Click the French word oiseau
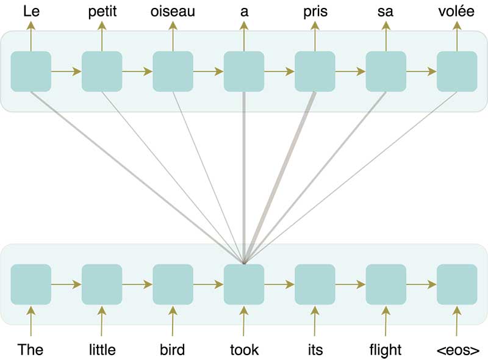coord(173,11)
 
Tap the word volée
coord(457,11)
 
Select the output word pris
coord(315,11)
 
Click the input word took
coord(244,350)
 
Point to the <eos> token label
coord(457,350)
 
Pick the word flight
coord(386,350)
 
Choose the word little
coord(102,350)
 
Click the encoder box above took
coord(244,284)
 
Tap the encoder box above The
coord(30,284)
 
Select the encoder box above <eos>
coord(457,284)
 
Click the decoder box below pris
coord(315,72)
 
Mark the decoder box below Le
coord(30,72)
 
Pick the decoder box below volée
coord(457,72)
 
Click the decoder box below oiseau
coord(173,72)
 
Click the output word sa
coord(386,11)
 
